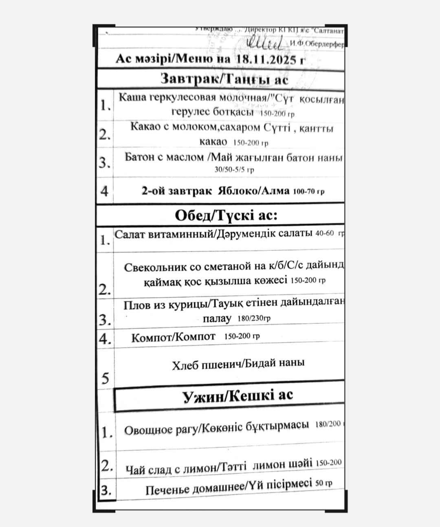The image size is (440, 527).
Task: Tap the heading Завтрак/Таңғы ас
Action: (x=224, y=79)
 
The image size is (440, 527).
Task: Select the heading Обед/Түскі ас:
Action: (x=226, y=215)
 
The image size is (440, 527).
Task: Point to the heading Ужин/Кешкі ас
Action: (x=238, y=395)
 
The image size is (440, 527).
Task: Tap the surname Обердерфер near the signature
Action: (x=317, y=44)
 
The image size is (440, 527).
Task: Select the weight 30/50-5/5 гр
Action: (x=234, y=170)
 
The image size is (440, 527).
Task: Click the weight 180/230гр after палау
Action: (x=254, y=318)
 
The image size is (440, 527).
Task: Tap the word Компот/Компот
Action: (x=173, y=337)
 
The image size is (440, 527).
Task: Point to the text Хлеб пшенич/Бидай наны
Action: (x=238, y=364)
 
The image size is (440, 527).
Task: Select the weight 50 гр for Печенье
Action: (x=324, y=483)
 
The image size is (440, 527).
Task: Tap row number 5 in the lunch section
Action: (x=105, y=379)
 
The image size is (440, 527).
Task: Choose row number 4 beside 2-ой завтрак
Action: (x=105, y=191)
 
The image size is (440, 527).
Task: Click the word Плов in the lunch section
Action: (x=137, y=305)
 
